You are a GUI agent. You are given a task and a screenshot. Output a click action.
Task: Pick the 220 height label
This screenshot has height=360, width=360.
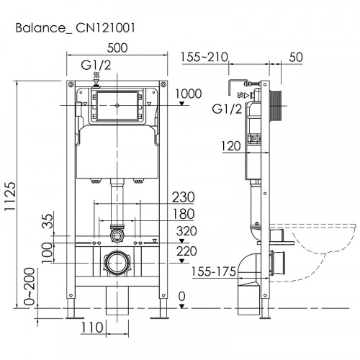pos(186,251)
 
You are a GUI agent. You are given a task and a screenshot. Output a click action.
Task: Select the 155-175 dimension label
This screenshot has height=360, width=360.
pos(218,271)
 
